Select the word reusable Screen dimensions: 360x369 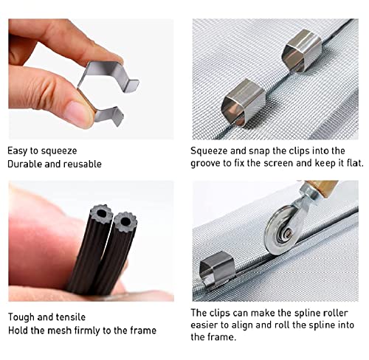tap(81, 164)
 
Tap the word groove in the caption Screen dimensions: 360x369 tap(208, 164)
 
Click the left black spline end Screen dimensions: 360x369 tap(97, 219)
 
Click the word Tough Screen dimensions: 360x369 tap(23, 316)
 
